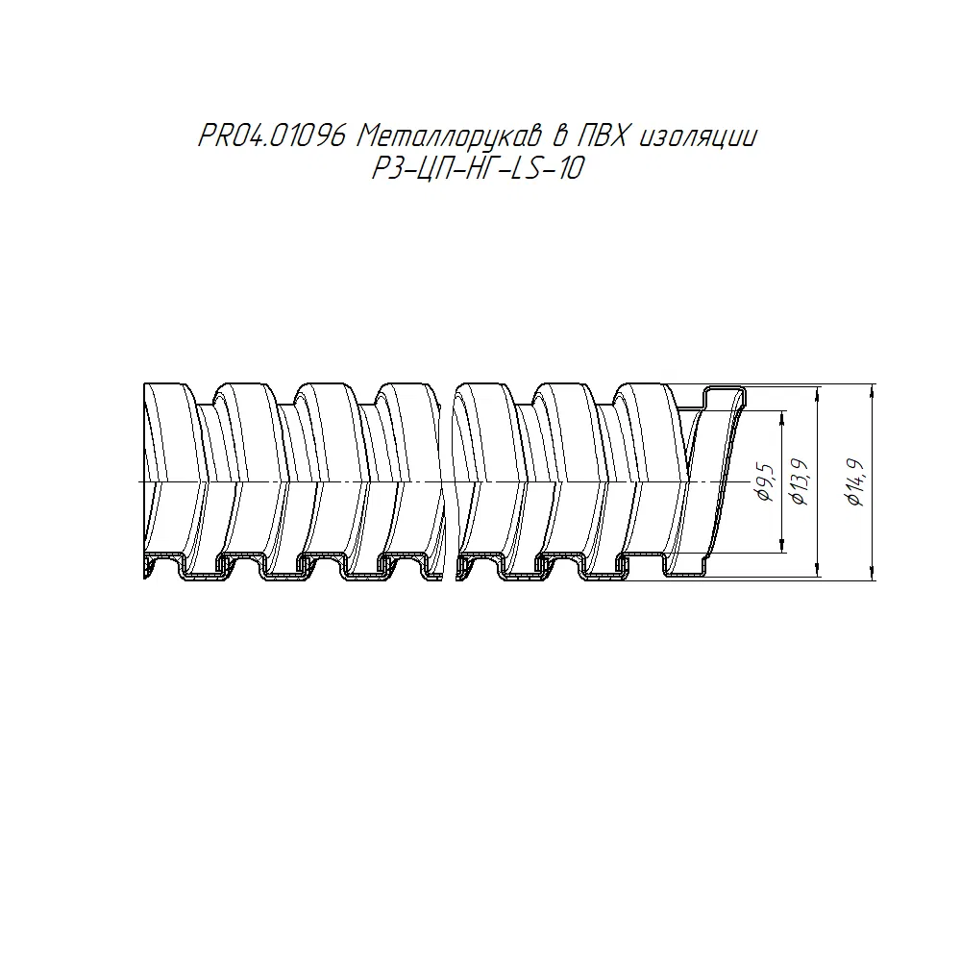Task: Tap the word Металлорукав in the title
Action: click(x=449, y=137)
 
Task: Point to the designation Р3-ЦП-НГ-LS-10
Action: click(x=478, y=168)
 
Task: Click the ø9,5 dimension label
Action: click(x=765, y=483)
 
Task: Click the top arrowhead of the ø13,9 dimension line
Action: click(x=819, y=393)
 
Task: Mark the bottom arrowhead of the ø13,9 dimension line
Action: click(x=819, y=569)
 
